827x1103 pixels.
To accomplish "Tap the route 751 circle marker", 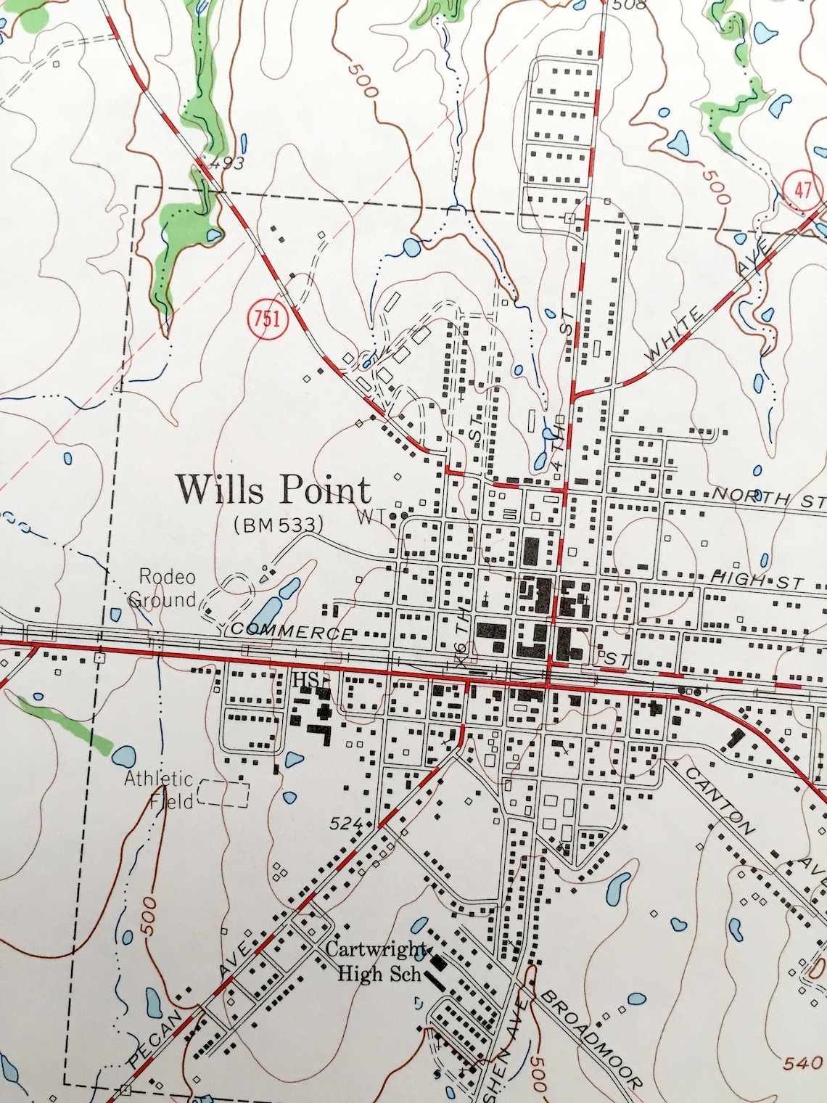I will coord(268,319).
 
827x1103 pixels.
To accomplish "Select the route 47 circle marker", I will coord(802,191).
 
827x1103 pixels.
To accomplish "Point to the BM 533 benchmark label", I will coord(278,525).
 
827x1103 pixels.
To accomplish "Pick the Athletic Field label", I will coord(158,790).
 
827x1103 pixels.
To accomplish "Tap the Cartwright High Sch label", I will coord(377,960).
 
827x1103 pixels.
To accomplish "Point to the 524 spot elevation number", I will coord(345,823).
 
